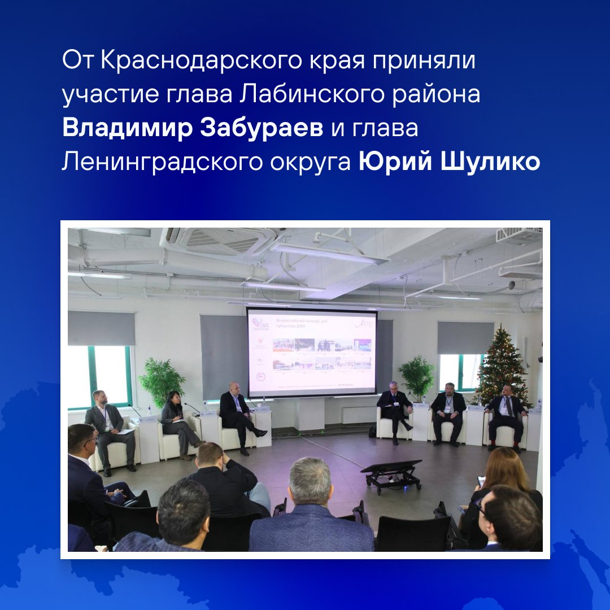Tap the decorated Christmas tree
[502, 364]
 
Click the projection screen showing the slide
[312, 351]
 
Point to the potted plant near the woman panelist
[162, 381]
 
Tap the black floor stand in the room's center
[392, 473]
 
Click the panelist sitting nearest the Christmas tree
[507, 415]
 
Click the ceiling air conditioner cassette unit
[226, 240]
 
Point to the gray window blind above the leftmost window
[101, 328]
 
